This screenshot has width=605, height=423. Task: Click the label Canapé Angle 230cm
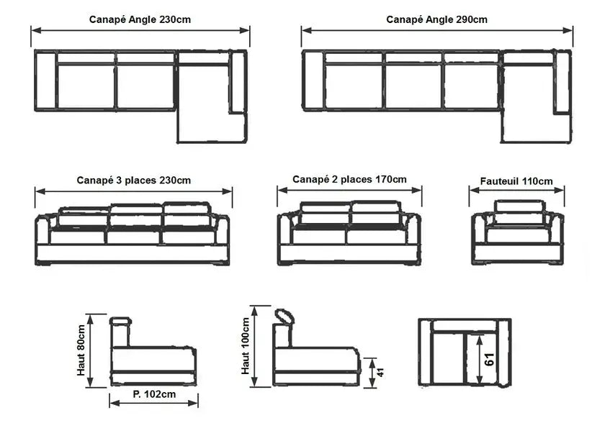pos(139,19)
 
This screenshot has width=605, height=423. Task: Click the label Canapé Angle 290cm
pos(436,19)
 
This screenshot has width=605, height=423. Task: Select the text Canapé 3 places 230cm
pos(134,180)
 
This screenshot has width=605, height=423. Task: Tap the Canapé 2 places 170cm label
pos(349,179)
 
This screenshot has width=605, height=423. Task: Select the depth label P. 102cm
pos(154,394)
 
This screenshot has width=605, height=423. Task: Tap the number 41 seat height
pos(382,372)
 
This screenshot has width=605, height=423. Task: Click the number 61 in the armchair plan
pos(490,359)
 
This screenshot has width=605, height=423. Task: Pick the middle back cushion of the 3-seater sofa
pos(135,214)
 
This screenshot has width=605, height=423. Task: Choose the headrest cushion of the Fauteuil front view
pos(519,207)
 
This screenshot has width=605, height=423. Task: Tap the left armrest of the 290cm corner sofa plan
pos(313,81)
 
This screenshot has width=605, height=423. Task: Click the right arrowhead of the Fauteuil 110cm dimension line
pos(563,191)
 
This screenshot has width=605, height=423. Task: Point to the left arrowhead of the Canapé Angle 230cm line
pos(34,30)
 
